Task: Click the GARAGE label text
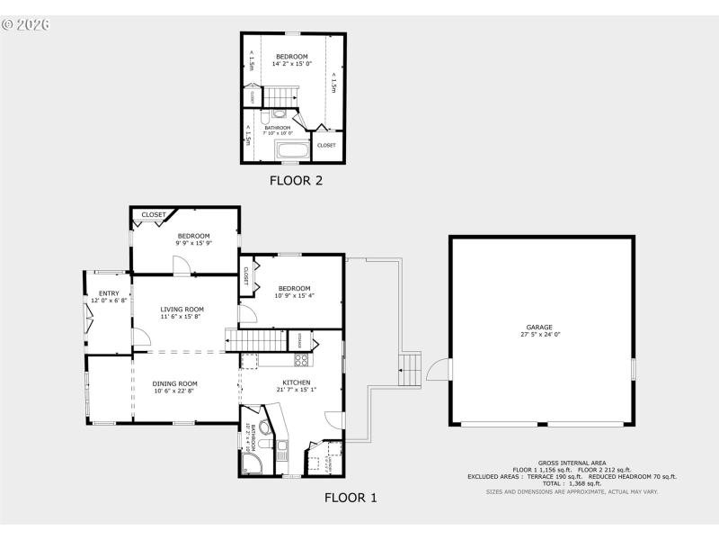click(539, 327)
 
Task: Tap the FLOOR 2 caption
click(296, 180)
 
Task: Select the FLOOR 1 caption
click(351, 497)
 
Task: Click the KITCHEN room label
click(297, 382)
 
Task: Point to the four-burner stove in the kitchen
click(302, 360)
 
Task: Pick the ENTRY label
click(109, 292)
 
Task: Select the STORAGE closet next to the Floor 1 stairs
click(298, 340)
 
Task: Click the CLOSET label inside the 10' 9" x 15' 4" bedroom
click(244, 276)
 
